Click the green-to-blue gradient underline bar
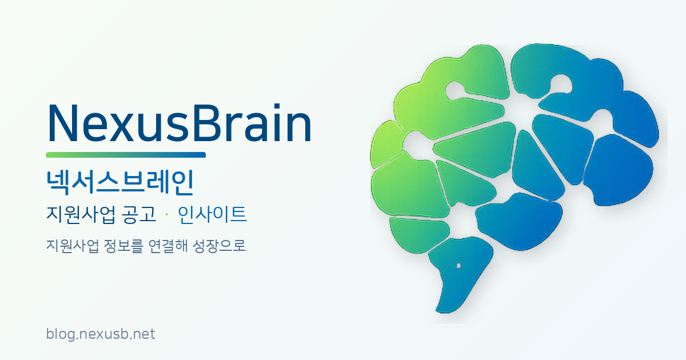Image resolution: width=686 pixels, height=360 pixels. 125,155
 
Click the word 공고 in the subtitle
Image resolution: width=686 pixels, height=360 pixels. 138,215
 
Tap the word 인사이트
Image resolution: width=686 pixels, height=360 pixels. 212,215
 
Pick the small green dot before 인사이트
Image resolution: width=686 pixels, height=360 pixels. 166,215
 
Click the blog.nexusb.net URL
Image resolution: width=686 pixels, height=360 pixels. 100,334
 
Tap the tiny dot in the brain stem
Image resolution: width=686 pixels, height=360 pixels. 458,266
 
